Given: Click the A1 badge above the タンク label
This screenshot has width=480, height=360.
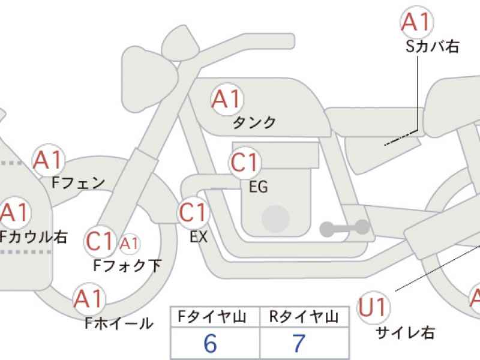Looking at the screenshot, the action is point(227,99).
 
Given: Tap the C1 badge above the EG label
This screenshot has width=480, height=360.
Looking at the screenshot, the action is point(245,162).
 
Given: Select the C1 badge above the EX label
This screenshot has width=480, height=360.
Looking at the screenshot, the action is point(193,212).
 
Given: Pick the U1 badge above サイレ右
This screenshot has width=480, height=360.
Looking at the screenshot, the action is point(373,307).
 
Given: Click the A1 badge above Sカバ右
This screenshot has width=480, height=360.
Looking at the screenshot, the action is point(417,22).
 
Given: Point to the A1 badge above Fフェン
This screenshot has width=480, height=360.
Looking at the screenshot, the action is point(49,160).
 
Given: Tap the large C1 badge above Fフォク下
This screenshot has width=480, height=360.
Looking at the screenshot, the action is point(100,241).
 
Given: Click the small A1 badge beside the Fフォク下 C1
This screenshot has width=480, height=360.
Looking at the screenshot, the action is point(130,244).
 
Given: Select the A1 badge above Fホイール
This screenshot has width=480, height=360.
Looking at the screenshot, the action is point(89,298).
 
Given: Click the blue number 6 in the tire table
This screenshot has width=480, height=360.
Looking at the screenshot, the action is point(211,343).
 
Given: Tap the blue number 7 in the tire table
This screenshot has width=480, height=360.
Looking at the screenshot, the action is point(299,343).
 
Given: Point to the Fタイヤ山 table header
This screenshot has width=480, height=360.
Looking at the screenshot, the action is point(212,317).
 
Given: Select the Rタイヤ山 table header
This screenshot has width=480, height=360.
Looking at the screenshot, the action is point(304,317).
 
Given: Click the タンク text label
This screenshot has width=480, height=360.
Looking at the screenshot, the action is point(254,123).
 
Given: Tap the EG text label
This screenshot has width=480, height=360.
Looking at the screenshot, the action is point(258,187).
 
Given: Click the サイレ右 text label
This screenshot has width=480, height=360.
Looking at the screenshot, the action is point(406,332).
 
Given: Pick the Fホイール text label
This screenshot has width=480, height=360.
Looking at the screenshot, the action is point(119,323).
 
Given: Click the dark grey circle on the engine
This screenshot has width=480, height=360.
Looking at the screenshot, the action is point(276,218).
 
